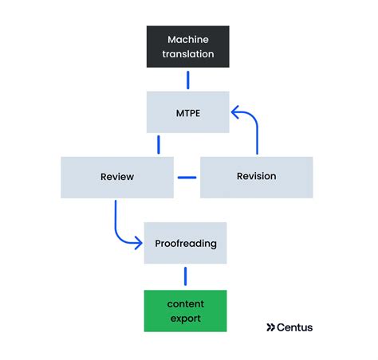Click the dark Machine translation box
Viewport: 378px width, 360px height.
[187, 46]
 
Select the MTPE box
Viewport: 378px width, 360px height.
[187, 112]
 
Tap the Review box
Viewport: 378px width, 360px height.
[117, 177]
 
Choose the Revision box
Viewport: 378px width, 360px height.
[256, 177]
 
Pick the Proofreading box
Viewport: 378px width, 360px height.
[185, 243]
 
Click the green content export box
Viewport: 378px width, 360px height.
[185, 311]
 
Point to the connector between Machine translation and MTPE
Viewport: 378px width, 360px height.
[187, 80]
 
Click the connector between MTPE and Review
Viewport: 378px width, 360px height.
[159, 144]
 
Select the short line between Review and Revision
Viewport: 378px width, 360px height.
[187, 177]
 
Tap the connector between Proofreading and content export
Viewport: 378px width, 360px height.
[185, 276]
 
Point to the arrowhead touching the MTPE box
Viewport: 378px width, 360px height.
[236, 112]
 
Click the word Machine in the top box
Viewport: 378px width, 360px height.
[187, 39]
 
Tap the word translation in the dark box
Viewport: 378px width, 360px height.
[187, 54]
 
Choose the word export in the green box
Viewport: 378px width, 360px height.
[185, 319]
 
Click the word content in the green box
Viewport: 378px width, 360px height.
[185, 304]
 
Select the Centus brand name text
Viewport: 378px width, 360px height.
[296, 327]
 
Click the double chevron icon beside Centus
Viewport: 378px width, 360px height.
[271, 327]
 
